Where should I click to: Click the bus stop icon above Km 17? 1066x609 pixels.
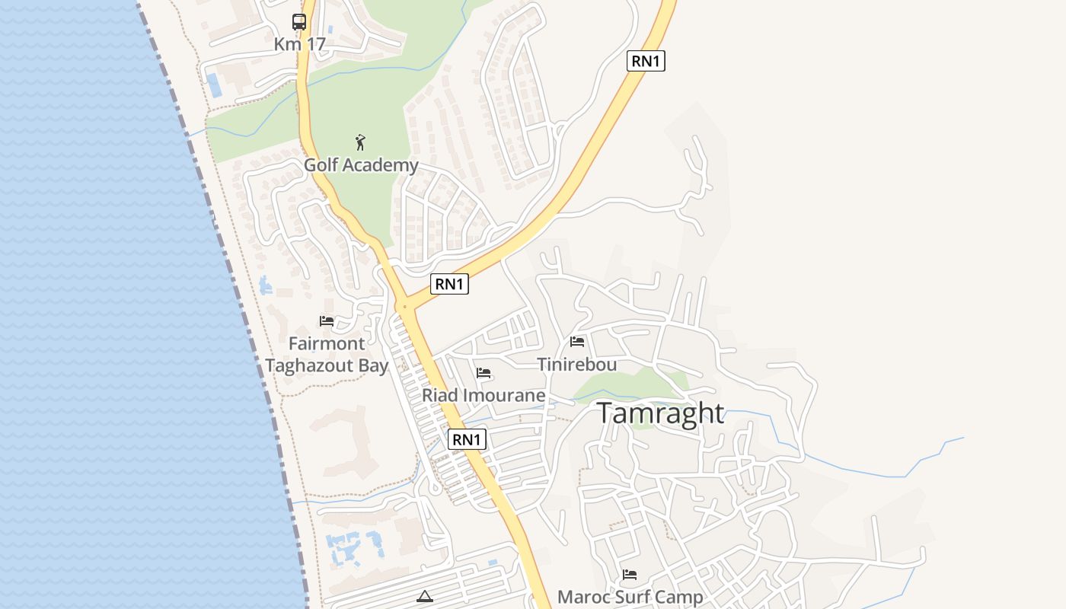[299, 22]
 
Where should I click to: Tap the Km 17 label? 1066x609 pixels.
[299, 44]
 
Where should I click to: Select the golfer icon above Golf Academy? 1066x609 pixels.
[361, 142]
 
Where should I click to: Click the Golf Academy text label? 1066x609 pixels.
[361, 165]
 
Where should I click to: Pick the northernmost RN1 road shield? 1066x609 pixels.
[646, 61]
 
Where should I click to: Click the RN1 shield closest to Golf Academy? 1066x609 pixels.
[449, 284]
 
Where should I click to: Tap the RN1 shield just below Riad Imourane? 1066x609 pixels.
[468, 439]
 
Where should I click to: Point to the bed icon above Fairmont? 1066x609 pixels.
[327, 321]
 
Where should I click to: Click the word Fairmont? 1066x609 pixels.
[327, 343]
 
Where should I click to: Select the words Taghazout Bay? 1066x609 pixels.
[327, 365]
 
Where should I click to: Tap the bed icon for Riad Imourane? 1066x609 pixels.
[484, 373]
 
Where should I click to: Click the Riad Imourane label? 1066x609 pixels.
[484, 395]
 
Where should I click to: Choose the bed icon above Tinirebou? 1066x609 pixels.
[577, 342]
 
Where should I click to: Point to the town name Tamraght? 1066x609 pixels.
[660, 413]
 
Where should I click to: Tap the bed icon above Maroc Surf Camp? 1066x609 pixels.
[630, 575]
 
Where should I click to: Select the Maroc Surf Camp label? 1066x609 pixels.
[630, 597]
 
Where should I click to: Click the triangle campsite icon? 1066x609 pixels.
[425, 596]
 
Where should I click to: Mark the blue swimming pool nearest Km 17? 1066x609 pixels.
[215, 84]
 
